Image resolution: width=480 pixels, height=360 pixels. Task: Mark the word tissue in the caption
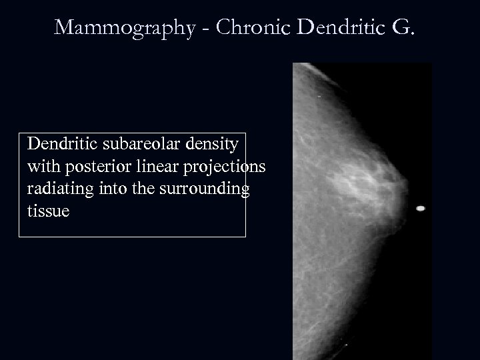(48, 211)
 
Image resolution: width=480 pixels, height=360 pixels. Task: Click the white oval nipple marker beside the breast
(421, 209)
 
